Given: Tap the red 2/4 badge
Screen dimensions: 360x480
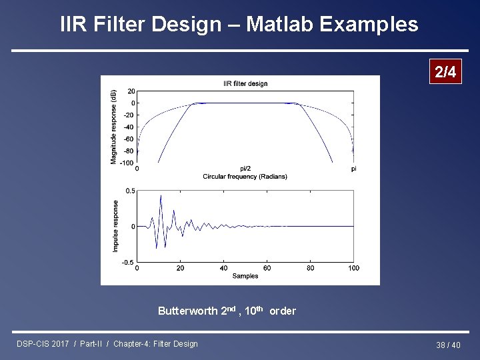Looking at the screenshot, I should (445, 73).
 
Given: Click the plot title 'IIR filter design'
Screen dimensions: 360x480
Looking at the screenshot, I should (245, 83).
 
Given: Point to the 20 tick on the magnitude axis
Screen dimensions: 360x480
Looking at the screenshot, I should (131, 91).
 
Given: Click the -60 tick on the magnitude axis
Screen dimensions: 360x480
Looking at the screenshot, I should (129, 139).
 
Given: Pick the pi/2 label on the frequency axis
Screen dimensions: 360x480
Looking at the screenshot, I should (245, 169).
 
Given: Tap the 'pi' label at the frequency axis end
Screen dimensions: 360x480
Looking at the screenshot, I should (353, 169).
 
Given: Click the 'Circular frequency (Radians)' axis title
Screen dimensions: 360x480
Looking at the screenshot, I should (245, 176).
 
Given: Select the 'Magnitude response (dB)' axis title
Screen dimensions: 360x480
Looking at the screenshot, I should (114, 127).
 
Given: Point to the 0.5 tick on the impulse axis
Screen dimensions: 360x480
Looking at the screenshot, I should (131, 191).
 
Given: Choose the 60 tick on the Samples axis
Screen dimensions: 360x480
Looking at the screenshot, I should (267, 268).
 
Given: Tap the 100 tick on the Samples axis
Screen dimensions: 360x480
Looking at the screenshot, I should (353, 268).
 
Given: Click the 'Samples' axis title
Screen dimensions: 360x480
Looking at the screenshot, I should (245, 275).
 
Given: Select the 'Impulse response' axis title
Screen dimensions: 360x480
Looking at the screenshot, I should (115, 226).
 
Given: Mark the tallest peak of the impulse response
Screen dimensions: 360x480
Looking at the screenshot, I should (161, 195).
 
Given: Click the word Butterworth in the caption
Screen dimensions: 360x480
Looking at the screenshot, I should (188, 311).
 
